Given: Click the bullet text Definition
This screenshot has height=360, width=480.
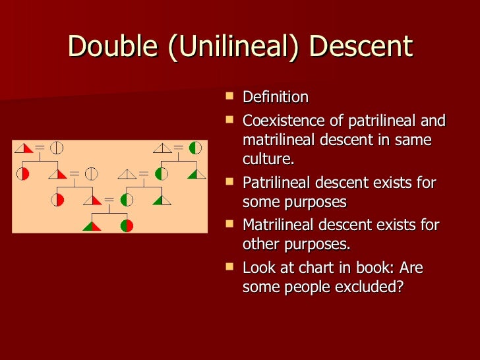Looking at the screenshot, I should click(x=276, y=98).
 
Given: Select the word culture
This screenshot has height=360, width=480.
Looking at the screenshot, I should click(x=268, y=159).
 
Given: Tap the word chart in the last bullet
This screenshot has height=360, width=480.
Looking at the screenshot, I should click(x=316, y=268).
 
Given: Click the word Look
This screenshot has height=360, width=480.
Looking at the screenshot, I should click(x=259, y=268).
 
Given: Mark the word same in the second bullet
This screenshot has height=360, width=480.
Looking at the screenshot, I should click(x=413, y=140).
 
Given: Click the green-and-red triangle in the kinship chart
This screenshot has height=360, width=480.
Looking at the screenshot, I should click(x=92, y=225).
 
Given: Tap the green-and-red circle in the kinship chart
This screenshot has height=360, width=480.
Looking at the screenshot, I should click(x=127, y=225).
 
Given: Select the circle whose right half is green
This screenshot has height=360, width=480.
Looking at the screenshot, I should click(x=196, y=148).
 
